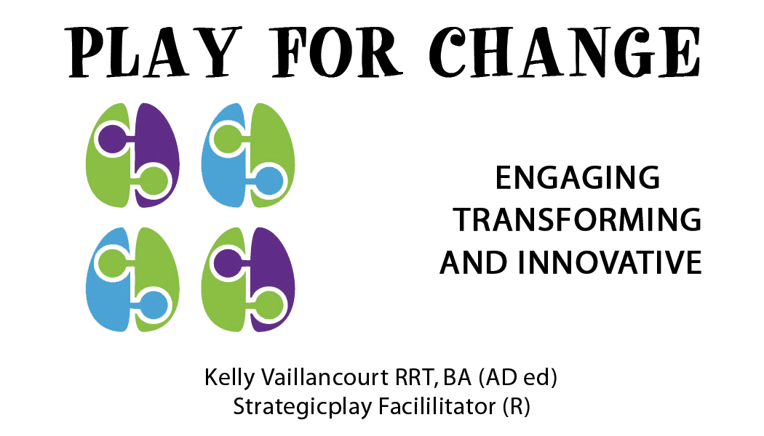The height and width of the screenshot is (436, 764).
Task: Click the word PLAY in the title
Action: tap(153, 52)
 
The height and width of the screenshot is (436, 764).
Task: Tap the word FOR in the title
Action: tap(337, 52)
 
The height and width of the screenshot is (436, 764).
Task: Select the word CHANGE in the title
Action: tap(565, 52)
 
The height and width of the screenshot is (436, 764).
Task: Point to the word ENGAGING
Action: tap(578, 177)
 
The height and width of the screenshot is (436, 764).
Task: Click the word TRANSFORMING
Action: tap(578, 219)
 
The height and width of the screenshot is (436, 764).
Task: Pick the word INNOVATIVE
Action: tap(610, 263)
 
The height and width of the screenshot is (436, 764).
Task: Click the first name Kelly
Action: tap(229, 378)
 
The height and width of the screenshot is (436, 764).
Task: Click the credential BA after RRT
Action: tap(457, 377)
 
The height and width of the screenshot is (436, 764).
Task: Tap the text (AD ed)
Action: tap(517, 378)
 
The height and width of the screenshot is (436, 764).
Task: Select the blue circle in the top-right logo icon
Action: tap(269, 180)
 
